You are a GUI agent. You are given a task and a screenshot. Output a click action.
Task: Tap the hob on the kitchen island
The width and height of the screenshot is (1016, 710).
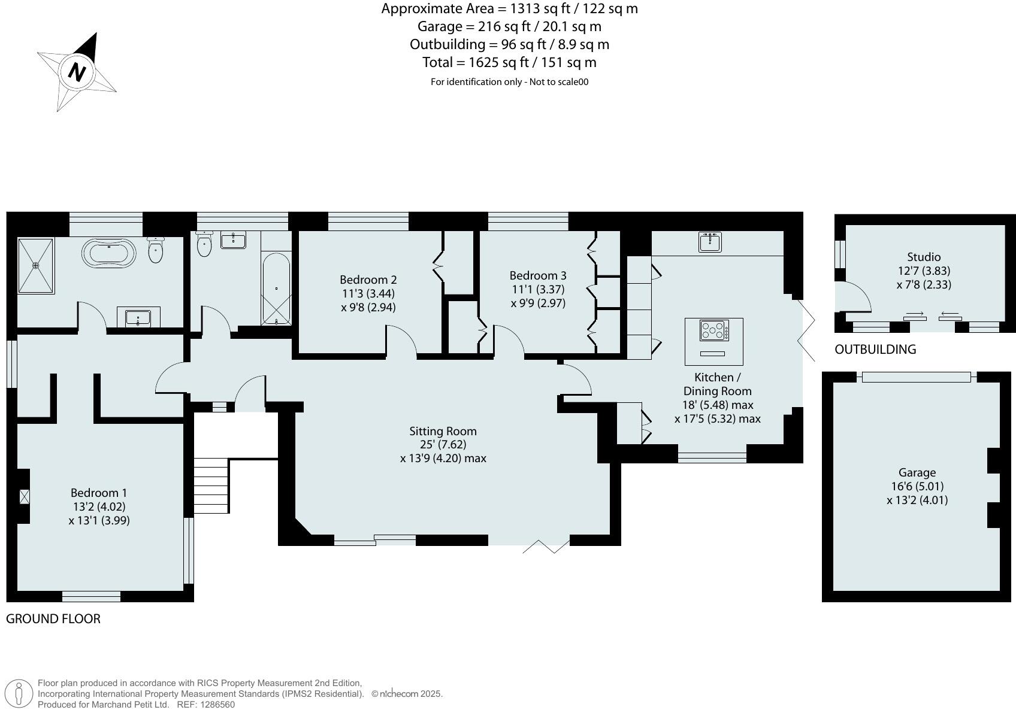click(714, 330)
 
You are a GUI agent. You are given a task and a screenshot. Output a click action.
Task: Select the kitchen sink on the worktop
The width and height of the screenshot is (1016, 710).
click(710, 242)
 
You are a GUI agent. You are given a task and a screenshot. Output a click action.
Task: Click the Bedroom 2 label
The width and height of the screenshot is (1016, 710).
click(368, 280)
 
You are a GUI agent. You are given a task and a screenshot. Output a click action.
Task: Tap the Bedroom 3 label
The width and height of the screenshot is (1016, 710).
click(537, 275)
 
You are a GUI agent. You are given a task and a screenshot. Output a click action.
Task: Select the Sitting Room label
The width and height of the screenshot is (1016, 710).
click(443, 431)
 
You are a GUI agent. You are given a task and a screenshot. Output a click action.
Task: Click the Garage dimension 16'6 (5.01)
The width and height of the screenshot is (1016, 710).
click(917, 486)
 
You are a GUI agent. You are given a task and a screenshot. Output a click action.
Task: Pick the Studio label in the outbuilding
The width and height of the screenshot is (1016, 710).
click(923, 257)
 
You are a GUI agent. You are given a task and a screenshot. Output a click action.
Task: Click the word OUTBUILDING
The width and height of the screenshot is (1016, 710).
click(875, 350)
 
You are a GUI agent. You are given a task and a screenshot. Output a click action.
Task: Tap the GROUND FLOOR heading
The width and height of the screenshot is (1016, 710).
click(53, 619)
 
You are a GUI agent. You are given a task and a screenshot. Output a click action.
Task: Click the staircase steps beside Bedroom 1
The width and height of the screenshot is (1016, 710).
click(211, 486)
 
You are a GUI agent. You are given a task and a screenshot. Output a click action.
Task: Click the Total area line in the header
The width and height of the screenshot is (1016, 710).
click(509, 62)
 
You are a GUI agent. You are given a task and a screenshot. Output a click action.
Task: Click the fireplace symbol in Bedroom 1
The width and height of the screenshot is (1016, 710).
click(25, 496)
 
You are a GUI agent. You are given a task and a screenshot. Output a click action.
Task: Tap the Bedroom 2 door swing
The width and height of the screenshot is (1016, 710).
click(401, 341)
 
